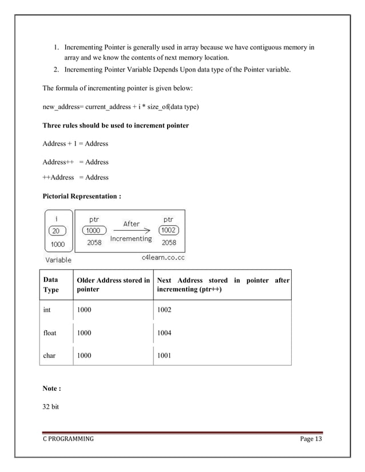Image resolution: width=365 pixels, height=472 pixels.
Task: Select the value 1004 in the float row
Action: coord(165,333)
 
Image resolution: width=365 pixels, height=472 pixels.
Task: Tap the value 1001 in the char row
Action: coord(165,355)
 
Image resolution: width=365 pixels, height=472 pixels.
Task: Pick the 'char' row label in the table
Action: coord(50,355)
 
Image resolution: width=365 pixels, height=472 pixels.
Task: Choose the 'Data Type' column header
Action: coord(51,285)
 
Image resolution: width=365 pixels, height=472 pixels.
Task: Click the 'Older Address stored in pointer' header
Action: coord(113,285)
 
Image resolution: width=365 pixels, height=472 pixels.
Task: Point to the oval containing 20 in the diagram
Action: coord(57,230)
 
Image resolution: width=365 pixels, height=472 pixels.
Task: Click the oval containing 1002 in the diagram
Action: coord(169,230)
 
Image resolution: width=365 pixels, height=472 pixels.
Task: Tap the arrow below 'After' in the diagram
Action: coord(131,231)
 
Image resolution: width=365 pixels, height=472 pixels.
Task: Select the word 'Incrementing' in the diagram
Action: coord(131,239)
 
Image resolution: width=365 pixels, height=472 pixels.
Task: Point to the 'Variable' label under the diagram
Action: coord(58,259)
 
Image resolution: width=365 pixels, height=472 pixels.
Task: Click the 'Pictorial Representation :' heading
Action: coord(82,196)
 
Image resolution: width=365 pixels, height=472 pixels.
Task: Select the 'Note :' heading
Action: coord(51,389)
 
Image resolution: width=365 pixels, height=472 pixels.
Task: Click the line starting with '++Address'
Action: coord(76,177)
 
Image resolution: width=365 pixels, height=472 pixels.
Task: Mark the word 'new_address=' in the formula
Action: coord(63,107)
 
